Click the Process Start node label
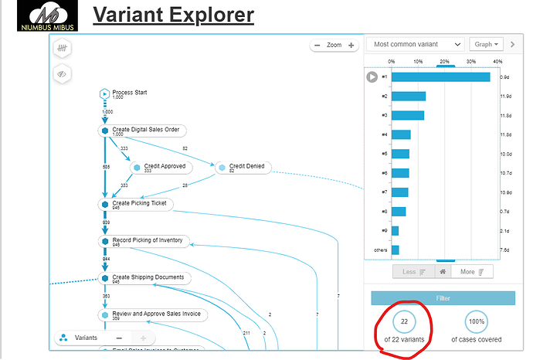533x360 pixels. coord(130,93)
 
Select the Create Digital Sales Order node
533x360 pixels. coord(145,131)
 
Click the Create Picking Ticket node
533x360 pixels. coord(138,204)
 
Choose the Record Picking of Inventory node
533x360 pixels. coord(147,241)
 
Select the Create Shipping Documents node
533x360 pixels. coord(148,277)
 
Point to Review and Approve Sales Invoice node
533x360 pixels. coord(156,314)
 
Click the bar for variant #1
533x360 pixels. coord(440,76)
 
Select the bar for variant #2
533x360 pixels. coord(409,96)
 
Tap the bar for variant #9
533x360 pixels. coord(396,230)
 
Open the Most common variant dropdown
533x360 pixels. coord(416,45)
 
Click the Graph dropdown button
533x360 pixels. coord(487,45)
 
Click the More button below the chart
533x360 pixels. coord(472,271)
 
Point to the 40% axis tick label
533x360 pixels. coord(497,61)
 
